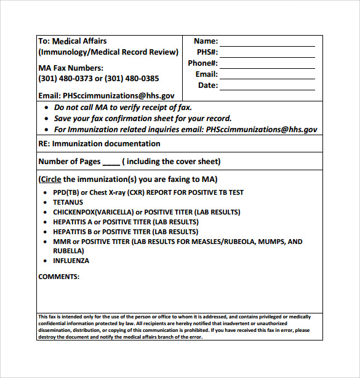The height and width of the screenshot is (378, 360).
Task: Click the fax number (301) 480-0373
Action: click(x=65, y=79)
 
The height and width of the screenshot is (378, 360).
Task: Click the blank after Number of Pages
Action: click(x=111, y=162)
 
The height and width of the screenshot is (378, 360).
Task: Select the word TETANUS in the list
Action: click(x=67, y=202)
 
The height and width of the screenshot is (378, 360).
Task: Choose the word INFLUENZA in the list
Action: click(x=71, y=261)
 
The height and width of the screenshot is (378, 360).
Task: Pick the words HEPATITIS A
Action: click(x=74, y=222)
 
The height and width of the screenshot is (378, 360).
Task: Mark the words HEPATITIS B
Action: click(x=74, y=232)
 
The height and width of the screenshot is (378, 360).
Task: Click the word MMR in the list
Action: click(x=61, y=242)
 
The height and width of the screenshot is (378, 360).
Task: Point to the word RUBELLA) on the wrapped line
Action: click(x=68, y=251)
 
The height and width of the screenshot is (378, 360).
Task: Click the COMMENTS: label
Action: click(x=59, y=277)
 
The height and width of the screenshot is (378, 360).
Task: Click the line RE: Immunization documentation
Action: click(x=99, y=144)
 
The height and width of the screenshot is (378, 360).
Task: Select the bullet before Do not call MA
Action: click(x=47, y=108)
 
